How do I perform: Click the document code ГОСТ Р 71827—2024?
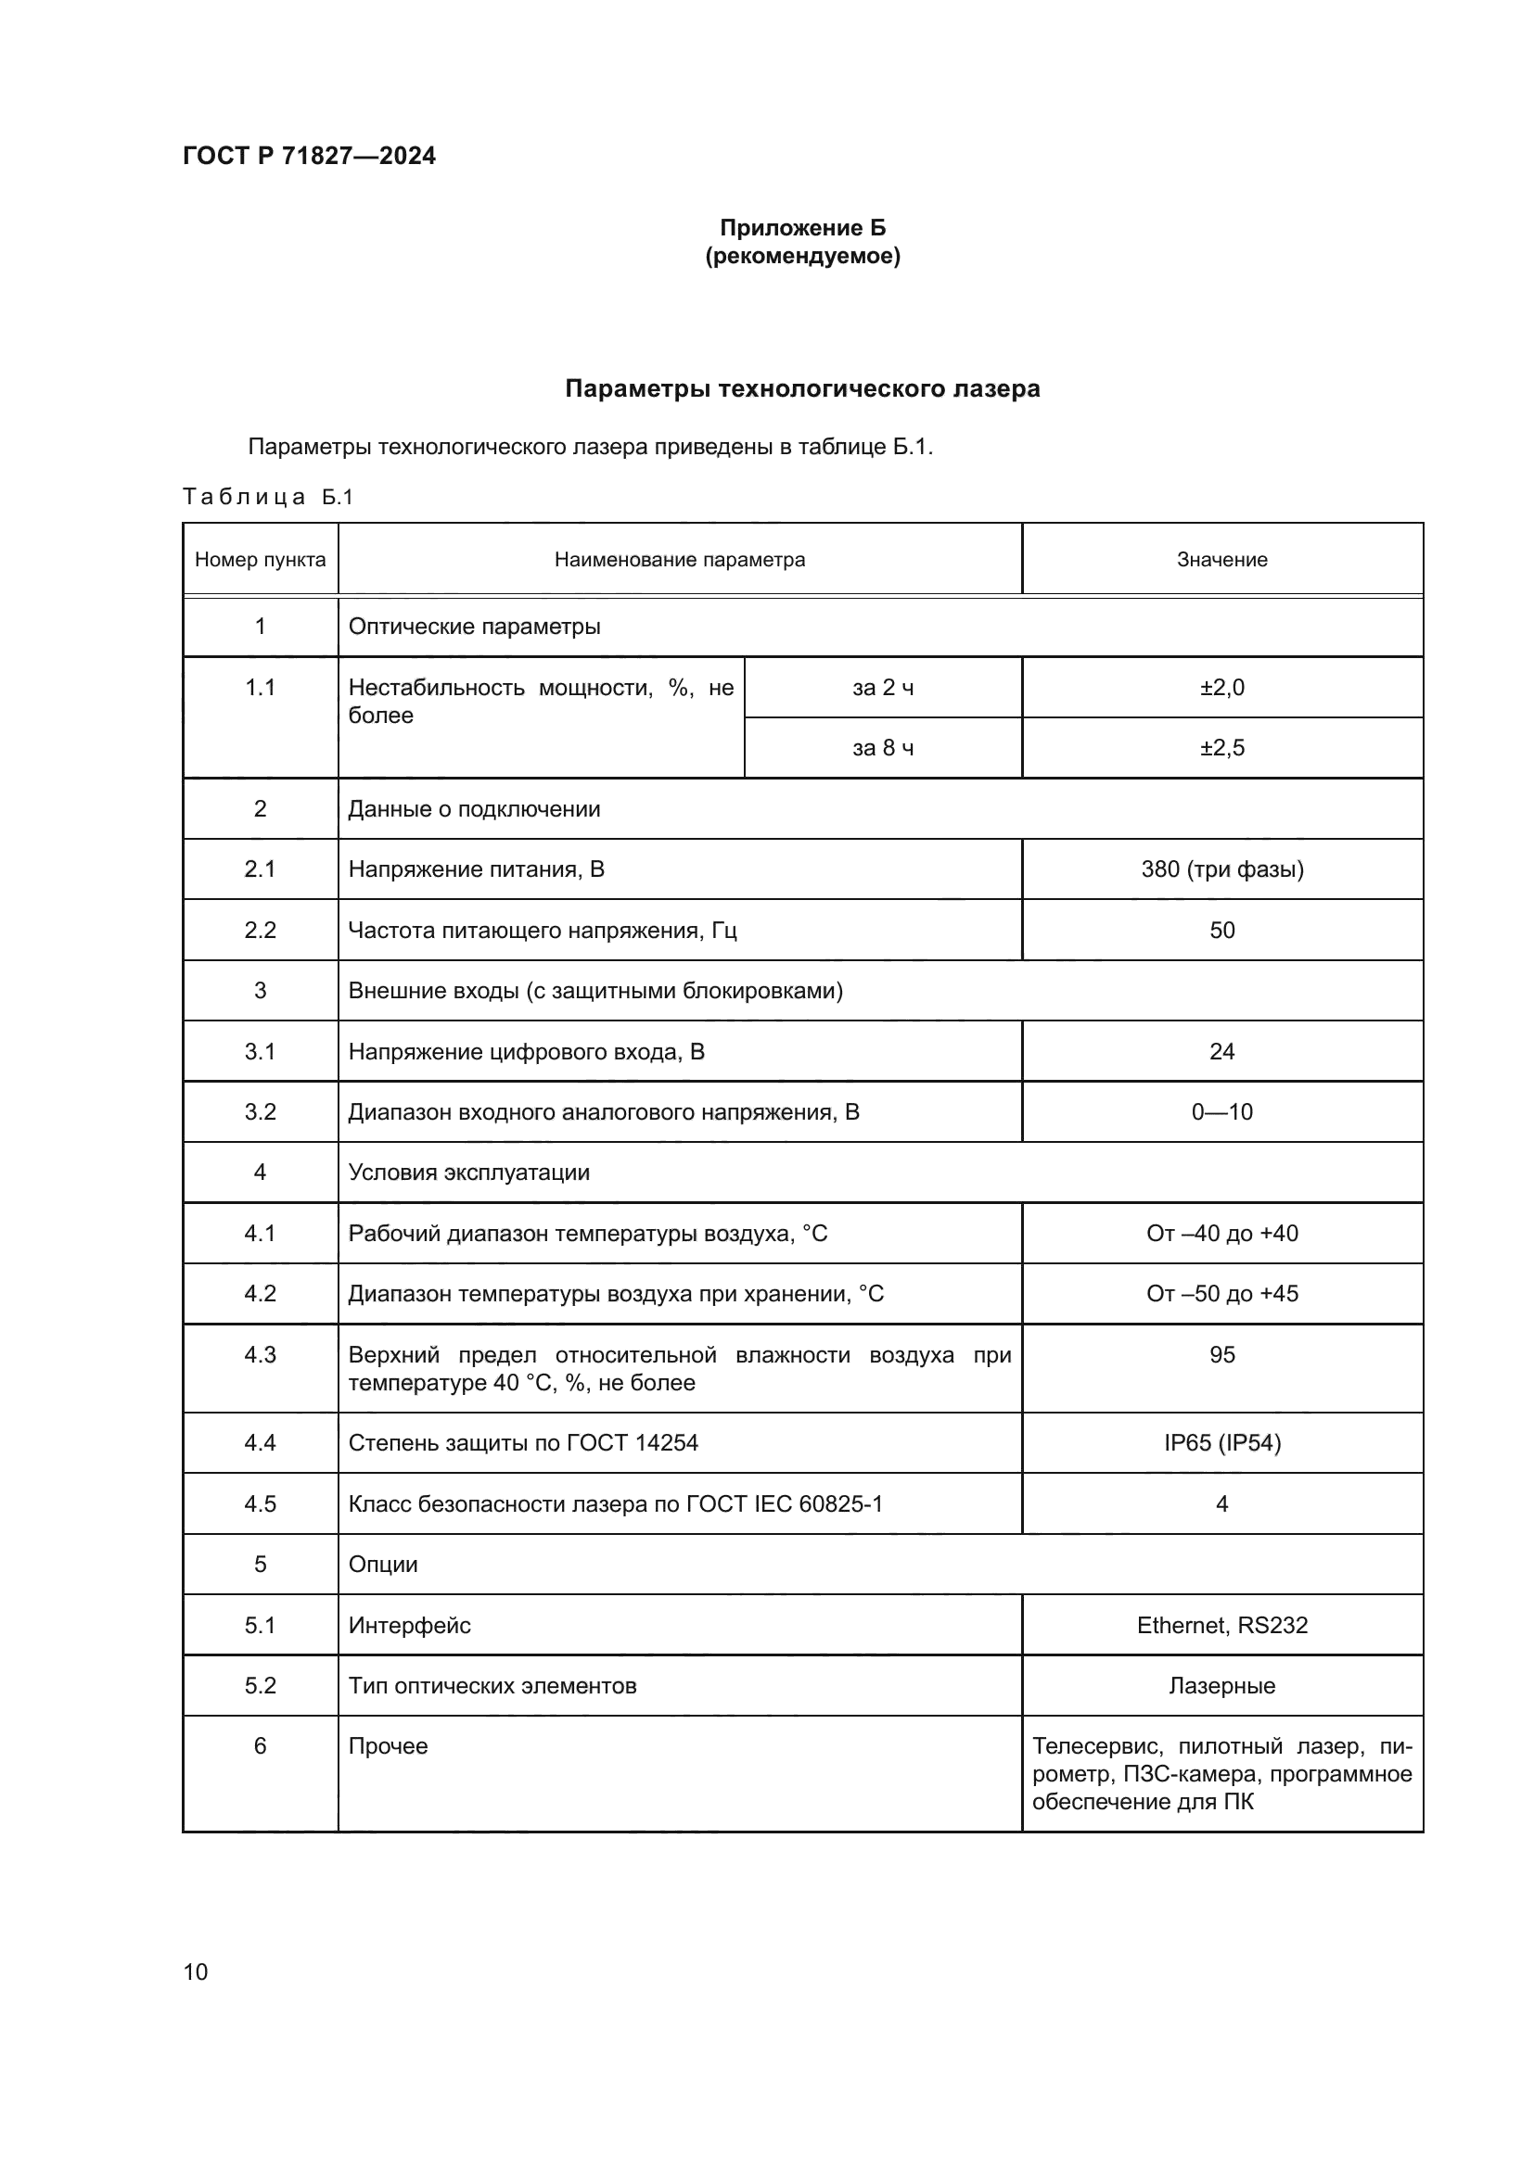[x=309, y=156]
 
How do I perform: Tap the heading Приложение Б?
[x=802, y=228]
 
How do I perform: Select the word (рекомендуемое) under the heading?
[x=802, y=256]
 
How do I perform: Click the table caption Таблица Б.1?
[x=267, y=497]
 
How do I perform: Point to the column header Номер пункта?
[x=260, y=560]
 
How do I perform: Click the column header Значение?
[x=1221, y=560]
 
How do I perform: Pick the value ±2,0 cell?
[x=1221, y=688]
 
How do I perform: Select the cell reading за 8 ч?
[x=882, y=748]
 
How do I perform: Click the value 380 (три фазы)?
[x=1221, y=868]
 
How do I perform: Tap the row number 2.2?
[x=260, y=930]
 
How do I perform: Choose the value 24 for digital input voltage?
[x=1221, y=1051]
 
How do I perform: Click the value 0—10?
[x=1221, y=1111]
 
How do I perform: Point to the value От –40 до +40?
[x=1221, y=1233]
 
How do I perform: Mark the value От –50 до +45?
[x=1221, y=1294]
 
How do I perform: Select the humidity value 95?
[x=1221, y=1355]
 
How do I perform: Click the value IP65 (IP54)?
[x=1221, y=1443]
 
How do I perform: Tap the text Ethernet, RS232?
[x=1221, y=1625]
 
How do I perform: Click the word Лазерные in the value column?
[x=1221, y=1685]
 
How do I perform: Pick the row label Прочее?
[x=388, y=1746]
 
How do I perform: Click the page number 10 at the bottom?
[x=196, y=1971]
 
